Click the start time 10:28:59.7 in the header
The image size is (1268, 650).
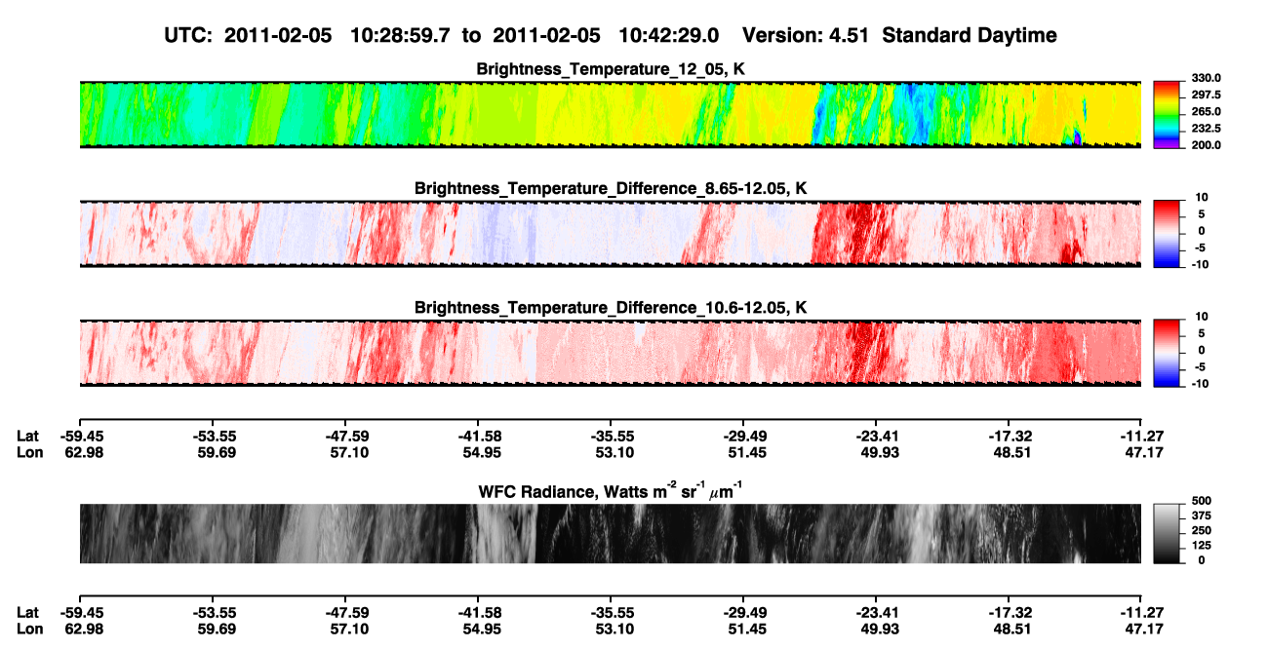(x=400, y=36)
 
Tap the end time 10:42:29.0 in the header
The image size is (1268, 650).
(x=669, y=36)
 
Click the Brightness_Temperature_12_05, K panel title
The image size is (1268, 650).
(x=611, y=69)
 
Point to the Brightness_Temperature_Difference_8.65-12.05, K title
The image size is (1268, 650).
(x=611, y=188)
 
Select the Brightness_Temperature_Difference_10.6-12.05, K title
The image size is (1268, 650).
(x=611, y=308)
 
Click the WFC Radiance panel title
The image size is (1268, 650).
(x=611, y=491)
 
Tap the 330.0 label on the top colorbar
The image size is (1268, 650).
(x=1206, y=78)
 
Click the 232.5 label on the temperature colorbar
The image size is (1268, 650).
(x=1206, y=129)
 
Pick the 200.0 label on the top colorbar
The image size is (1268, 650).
(x=1206, y=145)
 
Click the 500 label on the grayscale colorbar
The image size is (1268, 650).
(x=1202, y=501)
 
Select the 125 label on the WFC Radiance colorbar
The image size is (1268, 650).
(x=1202, y=546)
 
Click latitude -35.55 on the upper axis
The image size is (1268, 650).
(x=613, y=437)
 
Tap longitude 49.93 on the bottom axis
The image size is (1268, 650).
(x=880, y=630)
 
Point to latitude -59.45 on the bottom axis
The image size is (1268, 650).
(x=82, y=613)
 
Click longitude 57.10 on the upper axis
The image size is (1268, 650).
(x=349, y=453)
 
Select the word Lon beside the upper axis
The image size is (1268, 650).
(x=29, y=453)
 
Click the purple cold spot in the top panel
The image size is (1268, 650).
(x=1077, y=138)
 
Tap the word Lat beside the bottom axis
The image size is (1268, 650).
(x=27, y=613)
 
